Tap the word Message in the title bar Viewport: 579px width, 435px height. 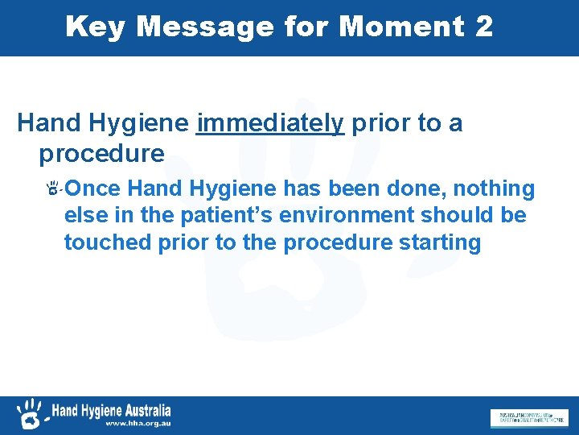pos(205,27)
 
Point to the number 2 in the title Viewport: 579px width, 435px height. pos(484,27)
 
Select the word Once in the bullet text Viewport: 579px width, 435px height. pos(93,189)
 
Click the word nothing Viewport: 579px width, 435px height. pos(495,189)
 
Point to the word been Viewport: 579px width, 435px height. pos(356,189)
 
